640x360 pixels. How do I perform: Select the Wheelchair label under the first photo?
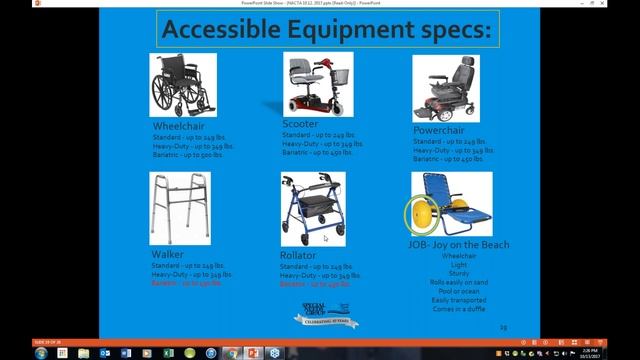180,126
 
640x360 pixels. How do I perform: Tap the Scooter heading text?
300,124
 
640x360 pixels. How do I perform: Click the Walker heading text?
167,255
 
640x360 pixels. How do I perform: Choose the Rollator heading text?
299,257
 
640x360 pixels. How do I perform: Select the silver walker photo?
179,208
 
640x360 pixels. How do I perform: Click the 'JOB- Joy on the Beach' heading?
459,245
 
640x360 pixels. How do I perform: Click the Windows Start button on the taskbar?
7,352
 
